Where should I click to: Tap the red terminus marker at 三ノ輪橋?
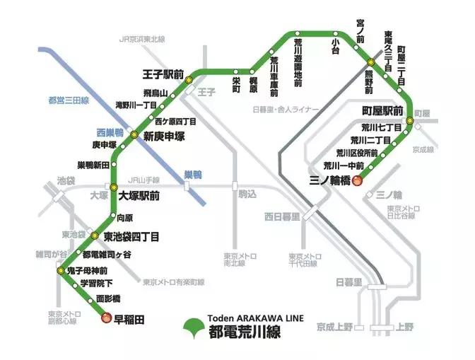357,180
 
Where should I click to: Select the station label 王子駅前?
163,74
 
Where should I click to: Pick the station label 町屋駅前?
382,111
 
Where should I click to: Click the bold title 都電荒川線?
245,332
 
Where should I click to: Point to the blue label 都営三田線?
64,100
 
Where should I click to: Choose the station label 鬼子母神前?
89,270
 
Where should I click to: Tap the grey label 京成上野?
334,328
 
